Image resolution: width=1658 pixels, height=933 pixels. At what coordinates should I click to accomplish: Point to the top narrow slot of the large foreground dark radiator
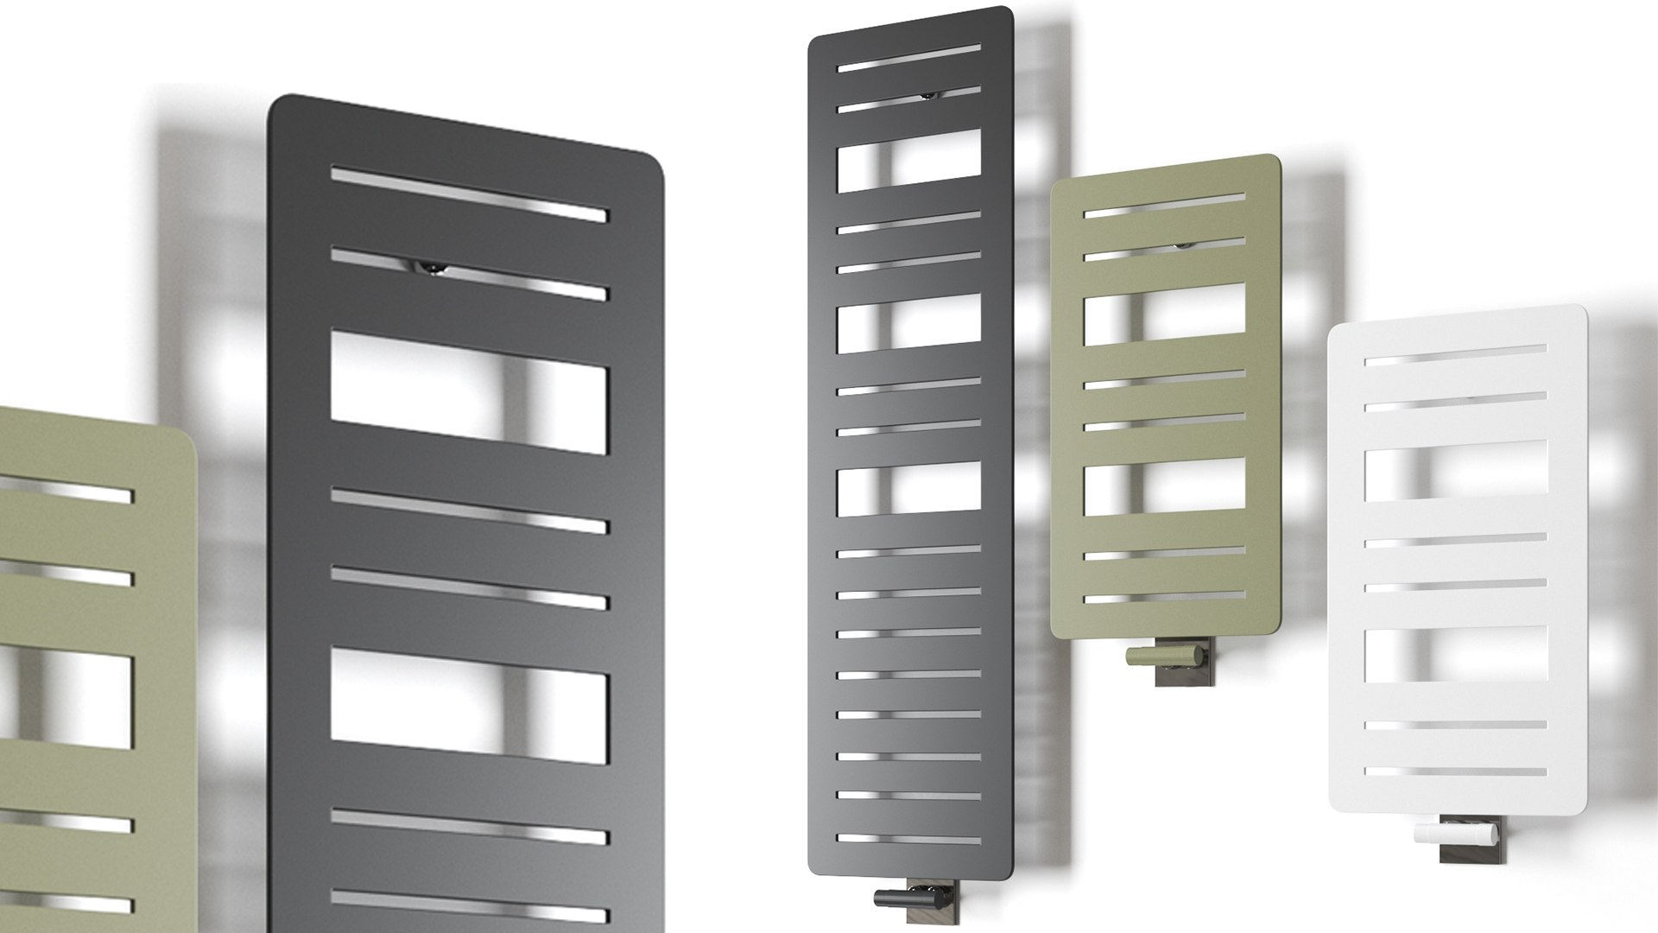[x=469, y=194]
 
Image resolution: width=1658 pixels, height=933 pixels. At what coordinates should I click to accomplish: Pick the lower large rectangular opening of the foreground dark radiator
[x=469, y=706]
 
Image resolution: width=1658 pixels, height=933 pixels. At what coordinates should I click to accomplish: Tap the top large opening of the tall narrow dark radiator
[x=909, y=161]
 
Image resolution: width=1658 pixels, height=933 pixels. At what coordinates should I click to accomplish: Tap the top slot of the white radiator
[x=1455, y=355]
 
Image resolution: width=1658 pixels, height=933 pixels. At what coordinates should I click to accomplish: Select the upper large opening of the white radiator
[x=1455, y=472]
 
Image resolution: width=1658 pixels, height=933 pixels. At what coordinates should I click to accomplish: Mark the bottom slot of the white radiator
[x=1455, y=771]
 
